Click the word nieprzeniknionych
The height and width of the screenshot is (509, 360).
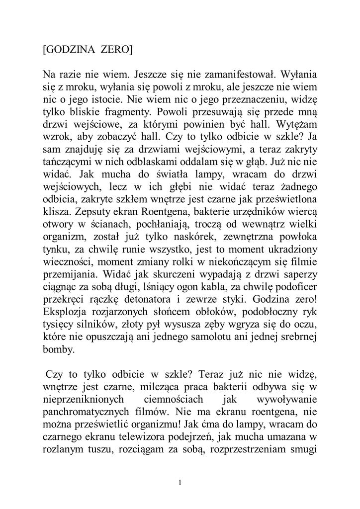(81, 399)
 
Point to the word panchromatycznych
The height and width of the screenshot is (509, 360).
(93, 412)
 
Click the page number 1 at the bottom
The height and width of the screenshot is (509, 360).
(180, 482)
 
